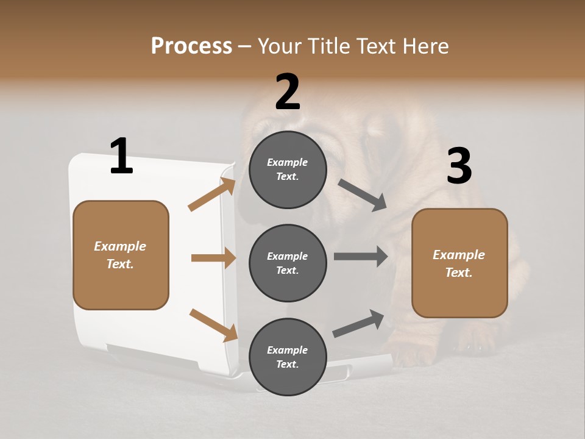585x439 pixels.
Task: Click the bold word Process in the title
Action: pyautogui.click(x=191, y=46)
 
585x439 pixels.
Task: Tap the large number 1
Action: pyautogui.click(x=121, y=156)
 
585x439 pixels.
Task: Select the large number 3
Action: pyautogui.click(x=459, y=166)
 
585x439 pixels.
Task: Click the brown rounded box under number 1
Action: pyautogui.click(x=121, y=255)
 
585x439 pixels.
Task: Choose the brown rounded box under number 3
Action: pyautogui.click(x=459, y=263)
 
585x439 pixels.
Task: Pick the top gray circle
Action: pyautogui.click(x=288, y=170)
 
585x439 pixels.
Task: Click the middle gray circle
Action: pyautogui.click(x=288, y=263)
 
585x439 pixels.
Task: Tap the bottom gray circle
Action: pyautogui.click(x=288, y=357)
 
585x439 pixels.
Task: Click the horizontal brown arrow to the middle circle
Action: pyautogui.click(x=213, y=258)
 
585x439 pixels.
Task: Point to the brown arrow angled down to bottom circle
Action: pyautogui.click(x=213, y=324)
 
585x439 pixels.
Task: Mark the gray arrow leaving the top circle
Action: pyautogui.click(x=362, y=195)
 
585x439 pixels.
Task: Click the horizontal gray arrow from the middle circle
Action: pyautogui.click(x=360, y=257)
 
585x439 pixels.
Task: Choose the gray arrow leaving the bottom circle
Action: pyautogui.click(x=358, y=324)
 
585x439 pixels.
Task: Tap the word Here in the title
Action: pyautogui.click(x=425, y=46)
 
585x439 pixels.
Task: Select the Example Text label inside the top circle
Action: pyautogui.click(x=288, y=170)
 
